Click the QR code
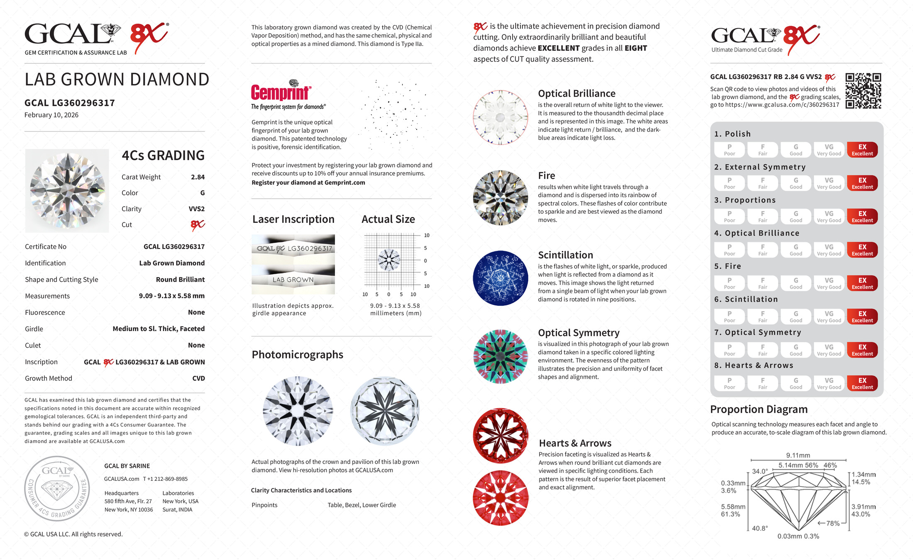coord(863,91)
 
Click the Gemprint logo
coord(281,92)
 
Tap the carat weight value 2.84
coord(198,177)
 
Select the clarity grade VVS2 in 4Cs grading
coord(196,209)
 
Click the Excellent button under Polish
coord(862,150)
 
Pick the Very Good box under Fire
coord(829,283)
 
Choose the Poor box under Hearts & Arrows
coord(729,383)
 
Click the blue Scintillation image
coord(500,278)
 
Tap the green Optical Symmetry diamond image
coord(500,356)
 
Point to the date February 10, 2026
coord(51,115)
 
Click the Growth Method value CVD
coord(198,378)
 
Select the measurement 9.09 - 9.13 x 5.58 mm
coord(171,296)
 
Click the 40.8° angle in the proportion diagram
coord(759,528)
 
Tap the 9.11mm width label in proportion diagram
coord(798,455)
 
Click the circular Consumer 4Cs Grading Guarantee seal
coord(57,489)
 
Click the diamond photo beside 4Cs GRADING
coord(67,191)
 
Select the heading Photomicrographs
coord(297,355)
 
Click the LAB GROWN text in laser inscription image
coord(293,280)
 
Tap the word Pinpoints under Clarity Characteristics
coord(264,505)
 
